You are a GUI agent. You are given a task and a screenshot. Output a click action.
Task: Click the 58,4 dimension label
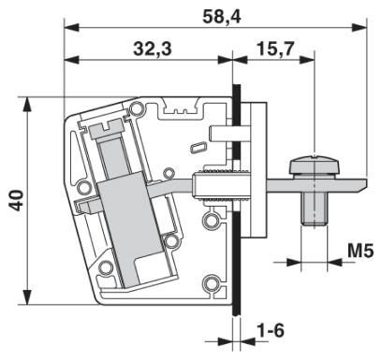tap(222, 17)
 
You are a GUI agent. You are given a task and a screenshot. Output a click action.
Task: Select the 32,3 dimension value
tap(153, 49)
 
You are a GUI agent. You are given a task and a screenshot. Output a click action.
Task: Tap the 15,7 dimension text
tap(275, 49)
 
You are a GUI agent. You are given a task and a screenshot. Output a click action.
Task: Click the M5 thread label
tap(360, 251)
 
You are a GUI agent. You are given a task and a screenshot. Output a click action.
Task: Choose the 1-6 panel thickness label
tap(271, 330)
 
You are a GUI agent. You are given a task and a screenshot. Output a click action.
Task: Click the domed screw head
tap(314, 165)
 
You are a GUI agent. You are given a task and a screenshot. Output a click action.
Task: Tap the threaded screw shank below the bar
tap(314, 208)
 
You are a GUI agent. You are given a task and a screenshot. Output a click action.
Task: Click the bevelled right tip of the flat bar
tap(362, 184)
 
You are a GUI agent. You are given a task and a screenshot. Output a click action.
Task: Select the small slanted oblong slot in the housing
tap(198, 148)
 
